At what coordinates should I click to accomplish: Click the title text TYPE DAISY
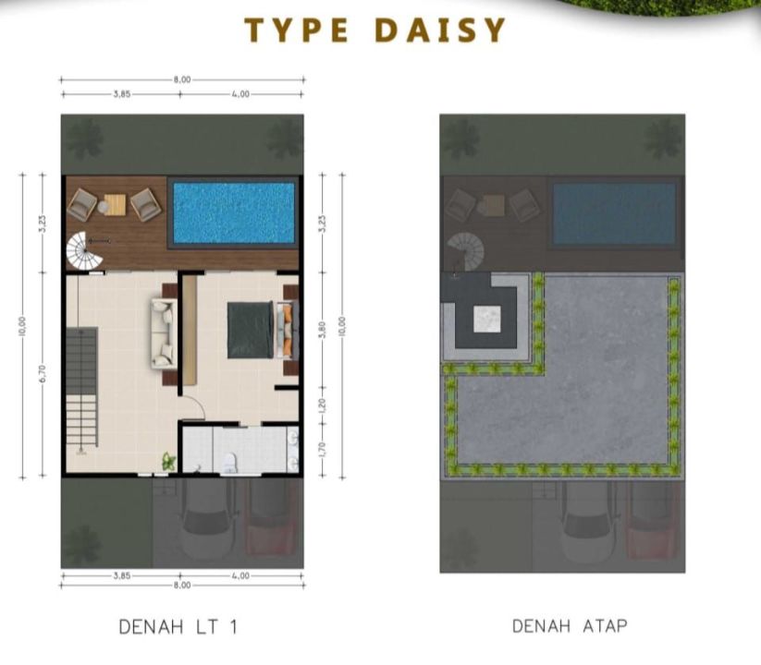tap(374, 30)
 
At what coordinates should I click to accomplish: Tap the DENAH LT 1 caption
tap(178, 627)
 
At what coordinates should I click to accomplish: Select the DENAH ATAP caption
tap(570, 625)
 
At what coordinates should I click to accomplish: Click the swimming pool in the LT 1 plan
tap(233, 212)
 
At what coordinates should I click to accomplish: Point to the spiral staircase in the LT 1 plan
tap(84, 251)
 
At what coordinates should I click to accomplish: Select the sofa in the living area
tap(164, 333)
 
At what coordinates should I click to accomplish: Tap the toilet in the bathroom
tap(228, 463)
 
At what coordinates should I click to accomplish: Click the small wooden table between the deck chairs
tap(115, 204)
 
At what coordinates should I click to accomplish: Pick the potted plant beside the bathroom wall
tap(169, 461)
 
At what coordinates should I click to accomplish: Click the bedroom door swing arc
tap(197, 404)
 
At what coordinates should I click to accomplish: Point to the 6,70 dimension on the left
tap(43, 374)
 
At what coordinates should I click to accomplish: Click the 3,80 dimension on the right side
tap(324, 330)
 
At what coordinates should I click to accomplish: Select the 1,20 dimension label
tap(324, 405)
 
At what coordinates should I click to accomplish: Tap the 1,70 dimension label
tap(324, 449)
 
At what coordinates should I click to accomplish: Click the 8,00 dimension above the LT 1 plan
tap(182, 79)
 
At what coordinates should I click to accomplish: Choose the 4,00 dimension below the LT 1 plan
tap(240, 575)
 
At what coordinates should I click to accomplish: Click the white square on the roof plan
tap(486, 320)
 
